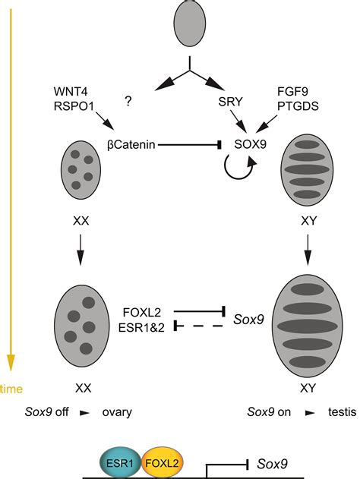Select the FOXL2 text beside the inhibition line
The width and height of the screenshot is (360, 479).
[x=142, y=311]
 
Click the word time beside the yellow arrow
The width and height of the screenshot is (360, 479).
[x=11, y=389]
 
